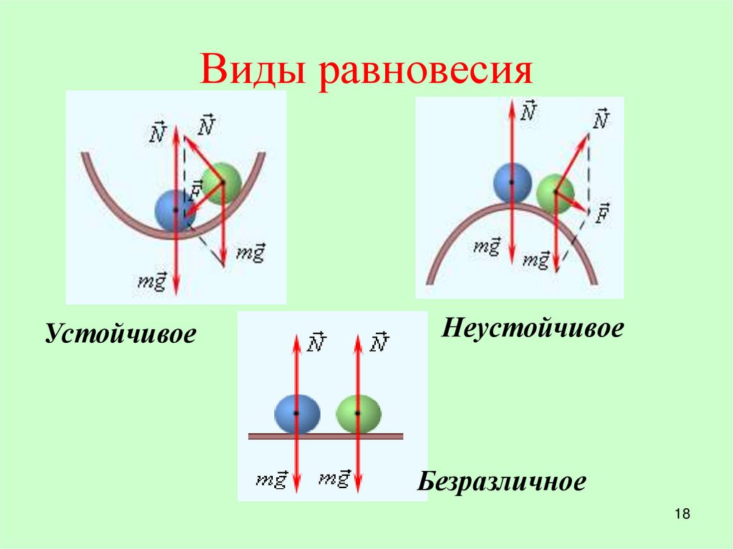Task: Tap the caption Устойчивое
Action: click(121, 334)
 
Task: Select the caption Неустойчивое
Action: click(533, 329)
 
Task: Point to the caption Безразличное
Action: click(502, 481)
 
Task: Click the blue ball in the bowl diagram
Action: click(175, 210)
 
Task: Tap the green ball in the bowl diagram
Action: click(221, 182)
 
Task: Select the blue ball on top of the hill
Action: click(513, 182)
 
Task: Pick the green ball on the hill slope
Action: click(555, 193)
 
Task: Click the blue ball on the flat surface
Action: click(296, 414)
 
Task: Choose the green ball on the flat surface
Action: click(358, 414)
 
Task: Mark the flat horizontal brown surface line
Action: click(326, 436)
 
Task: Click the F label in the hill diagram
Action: click(602, 214)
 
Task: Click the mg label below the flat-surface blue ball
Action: click(271, 479)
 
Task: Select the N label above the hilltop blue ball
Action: click(529, 111)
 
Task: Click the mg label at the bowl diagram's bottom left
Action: click(152, 281)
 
